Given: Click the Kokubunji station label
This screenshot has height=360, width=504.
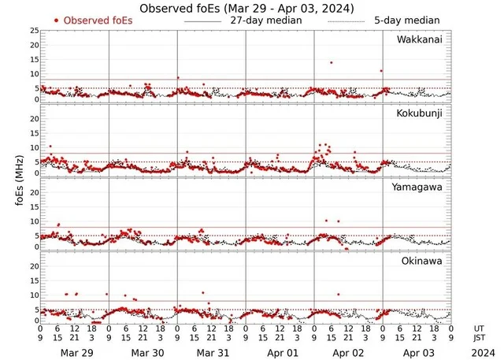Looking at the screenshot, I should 420,114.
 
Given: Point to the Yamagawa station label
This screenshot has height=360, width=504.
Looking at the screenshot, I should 419,188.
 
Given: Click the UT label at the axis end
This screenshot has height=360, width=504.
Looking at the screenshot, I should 479,328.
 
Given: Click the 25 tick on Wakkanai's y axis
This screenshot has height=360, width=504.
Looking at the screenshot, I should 33,30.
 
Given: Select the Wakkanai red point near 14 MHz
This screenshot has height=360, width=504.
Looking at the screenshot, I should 332,62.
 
